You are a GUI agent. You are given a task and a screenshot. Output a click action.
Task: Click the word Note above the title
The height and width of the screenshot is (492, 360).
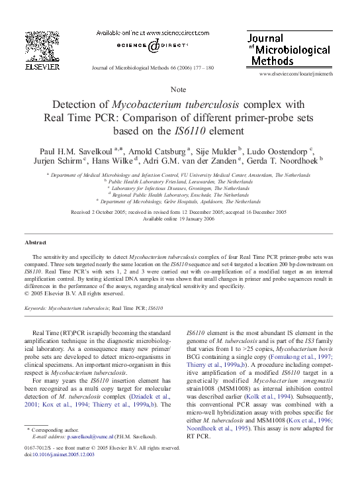[x=179, y=89]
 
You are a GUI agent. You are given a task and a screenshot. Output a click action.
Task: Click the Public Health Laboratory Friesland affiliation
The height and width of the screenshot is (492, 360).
[x=180, y=181]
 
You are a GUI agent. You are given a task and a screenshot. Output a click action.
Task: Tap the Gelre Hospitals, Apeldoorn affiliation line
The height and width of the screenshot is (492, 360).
[x=180, y=201]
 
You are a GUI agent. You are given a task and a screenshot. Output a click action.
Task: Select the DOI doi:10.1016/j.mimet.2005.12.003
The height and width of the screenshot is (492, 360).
[x=60, y=454]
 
